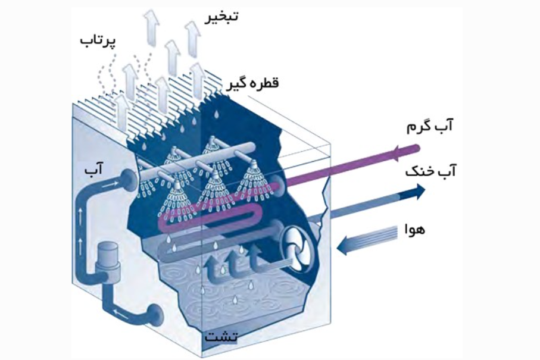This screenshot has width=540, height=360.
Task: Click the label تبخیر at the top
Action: coord(221,17)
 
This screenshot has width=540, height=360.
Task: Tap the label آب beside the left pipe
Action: coord(95,171)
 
